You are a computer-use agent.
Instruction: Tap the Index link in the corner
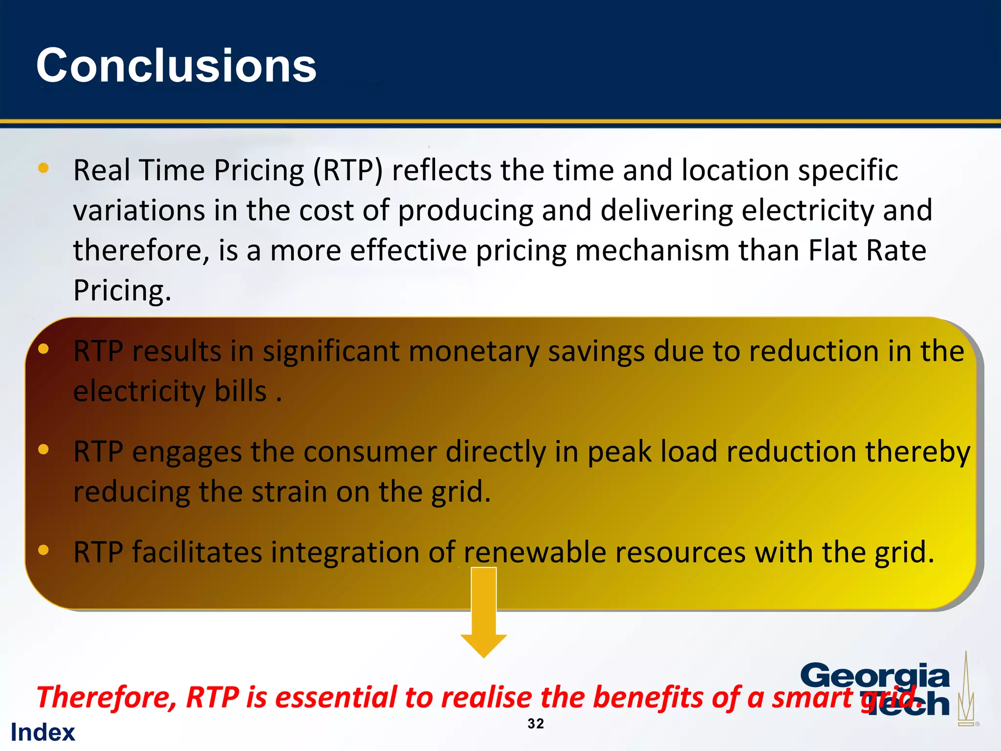pos(43,732)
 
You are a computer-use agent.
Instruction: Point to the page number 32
pos(536,724)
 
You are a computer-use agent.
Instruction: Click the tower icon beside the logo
pos(966,689)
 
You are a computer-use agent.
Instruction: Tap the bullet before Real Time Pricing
pos(44,168)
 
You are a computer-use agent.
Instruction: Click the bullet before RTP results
pos(44,349)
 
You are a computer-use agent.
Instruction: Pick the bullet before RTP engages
pos(44,449)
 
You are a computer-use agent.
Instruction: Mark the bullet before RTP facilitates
pos(44,550)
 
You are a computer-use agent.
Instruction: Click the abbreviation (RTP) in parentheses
pos(348,171)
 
